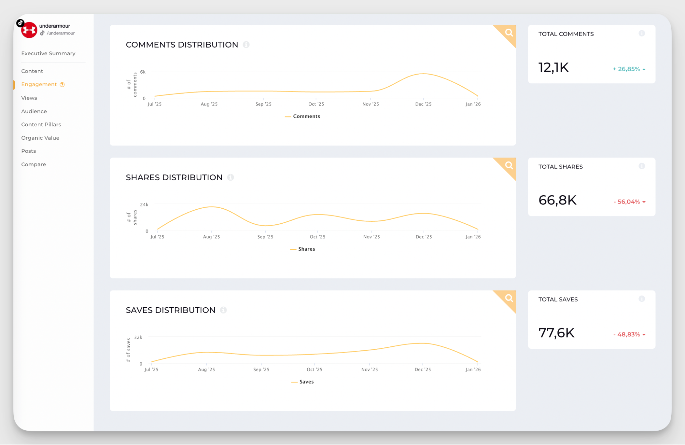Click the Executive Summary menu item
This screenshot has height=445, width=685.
[48, 53]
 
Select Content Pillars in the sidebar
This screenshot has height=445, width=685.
[41, 124]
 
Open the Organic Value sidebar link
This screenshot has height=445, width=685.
[40, 138]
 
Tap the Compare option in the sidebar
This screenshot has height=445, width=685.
[34, 164]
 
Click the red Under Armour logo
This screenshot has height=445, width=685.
[29, 30]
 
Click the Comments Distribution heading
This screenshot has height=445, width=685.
[182, 45]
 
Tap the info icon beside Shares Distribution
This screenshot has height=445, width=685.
[231, 177]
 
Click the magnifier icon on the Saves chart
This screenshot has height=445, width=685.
[509, 298]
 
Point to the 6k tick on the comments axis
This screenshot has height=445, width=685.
[143, 72]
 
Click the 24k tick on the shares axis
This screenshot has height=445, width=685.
[144, 205]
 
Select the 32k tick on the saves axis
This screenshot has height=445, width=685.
[138, 337]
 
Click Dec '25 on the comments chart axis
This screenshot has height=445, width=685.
[423, 104]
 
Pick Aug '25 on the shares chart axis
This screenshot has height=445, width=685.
[211, 237]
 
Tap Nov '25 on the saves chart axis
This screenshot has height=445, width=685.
[369, 370]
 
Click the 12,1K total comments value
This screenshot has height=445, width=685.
[553, 67]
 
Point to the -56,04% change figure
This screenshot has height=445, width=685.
[627, 202]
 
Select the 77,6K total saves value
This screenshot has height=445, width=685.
[556, 333]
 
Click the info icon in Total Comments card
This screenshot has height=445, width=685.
[642, 34]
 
